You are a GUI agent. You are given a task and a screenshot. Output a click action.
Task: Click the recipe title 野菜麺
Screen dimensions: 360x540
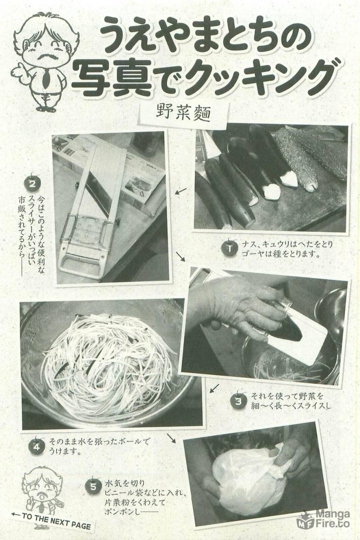pos(183,114)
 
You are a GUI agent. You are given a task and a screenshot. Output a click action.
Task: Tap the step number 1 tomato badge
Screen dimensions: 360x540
pos(230,248)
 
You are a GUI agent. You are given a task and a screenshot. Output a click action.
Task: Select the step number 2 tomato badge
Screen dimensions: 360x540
pos(32,184)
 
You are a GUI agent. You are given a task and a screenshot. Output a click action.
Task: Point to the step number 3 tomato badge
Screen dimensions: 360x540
pos(238,401)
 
